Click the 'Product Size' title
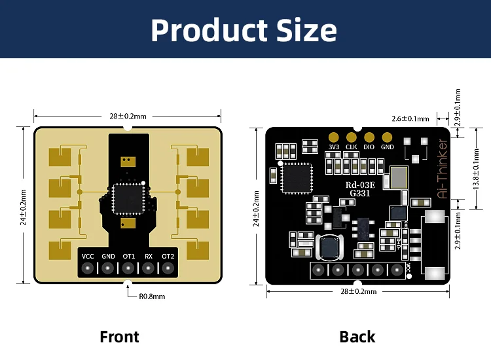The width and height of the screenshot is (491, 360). pos(244,30)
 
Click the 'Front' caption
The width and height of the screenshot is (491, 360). pos(119,337)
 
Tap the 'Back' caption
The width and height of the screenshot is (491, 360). pos(357,337)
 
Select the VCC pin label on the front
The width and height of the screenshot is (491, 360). pos(88,255)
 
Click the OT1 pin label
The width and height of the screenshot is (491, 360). pos(128,255)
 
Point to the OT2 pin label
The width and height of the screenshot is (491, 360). pos(168,255)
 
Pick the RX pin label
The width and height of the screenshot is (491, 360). pos(149,255)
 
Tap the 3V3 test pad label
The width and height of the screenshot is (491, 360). pos(334,147)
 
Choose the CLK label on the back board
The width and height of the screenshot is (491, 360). pos(352,147)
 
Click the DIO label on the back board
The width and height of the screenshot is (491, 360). pos(369,147)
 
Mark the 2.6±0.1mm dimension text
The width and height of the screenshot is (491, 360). pos(410,118)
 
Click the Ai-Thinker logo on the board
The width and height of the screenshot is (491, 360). pos(443,168)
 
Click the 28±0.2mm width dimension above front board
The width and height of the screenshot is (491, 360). pos(128,116)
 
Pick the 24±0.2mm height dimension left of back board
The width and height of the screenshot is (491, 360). pos(256,207)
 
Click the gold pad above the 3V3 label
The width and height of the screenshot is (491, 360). pos(334,137)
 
